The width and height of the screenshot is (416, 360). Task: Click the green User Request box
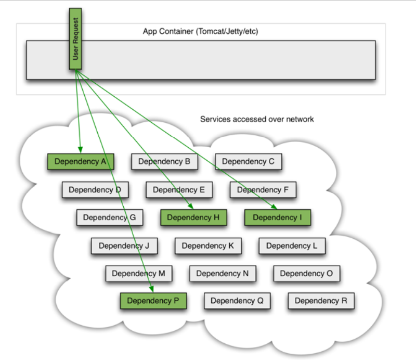click(76, 39)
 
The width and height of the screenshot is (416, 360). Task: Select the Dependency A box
click(81, 162)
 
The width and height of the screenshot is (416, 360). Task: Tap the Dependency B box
click(164, 162)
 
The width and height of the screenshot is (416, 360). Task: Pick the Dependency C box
click(248, 162)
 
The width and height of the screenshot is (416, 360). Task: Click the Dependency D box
click(95, 190)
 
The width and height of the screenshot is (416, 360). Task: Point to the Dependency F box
click(263, 190)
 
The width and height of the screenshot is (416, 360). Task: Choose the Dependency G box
click(109, 217)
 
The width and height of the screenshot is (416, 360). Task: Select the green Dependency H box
click(193, 217)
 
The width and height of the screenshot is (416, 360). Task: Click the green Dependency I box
click(277, 217)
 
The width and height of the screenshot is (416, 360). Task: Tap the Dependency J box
click(124, 246)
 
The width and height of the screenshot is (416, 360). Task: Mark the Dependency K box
click(208, 246)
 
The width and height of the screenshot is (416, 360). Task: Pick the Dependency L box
click(292, 246)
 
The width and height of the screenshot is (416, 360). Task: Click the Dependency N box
click(223, 273)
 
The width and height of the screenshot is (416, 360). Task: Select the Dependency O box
click(306, 273)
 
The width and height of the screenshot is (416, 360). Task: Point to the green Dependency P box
click(153, 301)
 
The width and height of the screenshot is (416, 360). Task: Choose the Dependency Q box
click(237, 301)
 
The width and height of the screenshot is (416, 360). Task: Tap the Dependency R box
click(321, 301)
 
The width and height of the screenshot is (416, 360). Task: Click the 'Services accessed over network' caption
click(257, 119)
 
